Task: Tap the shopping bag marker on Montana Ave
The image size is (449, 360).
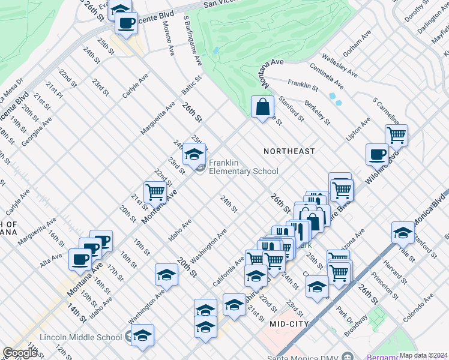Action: pyautogui.click(x=263, y=108)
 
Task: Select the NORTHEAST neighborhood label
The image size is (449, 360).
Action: pyautogui.click(x=289, y=151)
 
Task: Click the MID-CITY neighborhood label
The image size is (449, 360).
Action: pyautogui.click(x=289, y=324)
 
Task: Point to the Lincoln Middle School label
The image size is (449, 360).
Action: pyautogui.click(x=80, y=337)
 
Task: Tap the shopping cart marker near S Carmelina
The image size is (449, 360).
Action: pyautogui.click(x=396, y=136)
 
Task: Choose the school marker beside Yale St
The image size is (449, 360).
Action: pyautogui.click(x=403, y=233)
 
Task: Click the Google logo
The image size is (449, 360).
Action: pyautogui.click(x=20, y=353)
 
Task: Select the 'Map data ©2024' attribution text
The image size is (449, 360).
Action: pyautogui.click(x=423, y=355)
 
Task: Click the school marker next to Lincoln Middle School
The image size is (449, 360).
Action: pyautogui.click(x=143, y=335)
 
